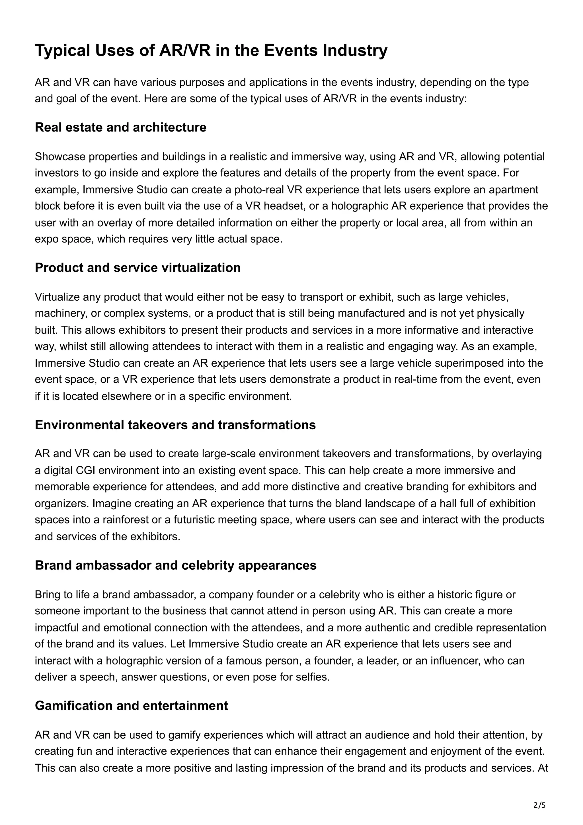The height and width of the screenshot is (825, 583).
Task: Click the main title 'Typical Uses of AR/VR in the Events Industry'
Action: tap(211, 50)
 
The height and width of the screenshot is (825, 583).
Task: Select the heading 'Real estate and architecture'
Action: tap(120, 127)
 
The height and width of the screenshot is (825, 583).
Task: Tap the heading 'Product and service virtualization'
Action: tap(137, 268)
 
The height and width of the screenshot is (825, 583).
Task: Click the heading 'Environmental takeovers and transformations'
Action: tap(175, 425)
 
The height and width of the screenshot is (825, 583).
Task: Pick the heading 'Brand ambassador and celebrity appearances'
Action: tap(175, 565)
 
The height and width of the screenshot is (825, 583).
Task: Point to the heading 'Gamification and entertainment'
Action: tap(131, 705)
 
